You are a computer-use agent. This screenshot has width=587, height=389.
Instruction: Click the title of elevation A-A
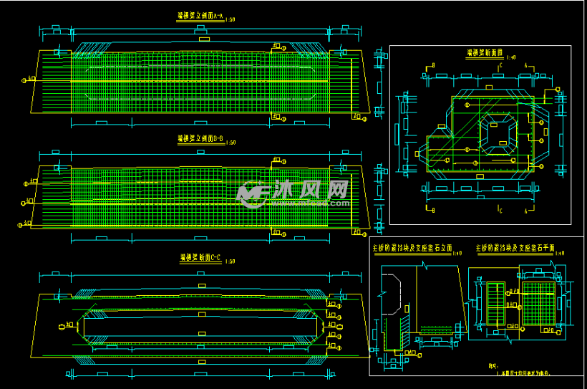click(200, 15)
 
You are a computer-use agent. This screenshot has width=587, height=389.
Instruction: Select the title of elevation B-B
click(200, 138)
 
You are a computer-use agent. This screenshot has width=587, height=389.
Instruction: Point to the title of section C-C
click(200, 258)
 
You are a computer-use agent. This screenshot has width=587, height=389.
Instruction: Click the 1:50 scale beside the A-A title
click(230, 19)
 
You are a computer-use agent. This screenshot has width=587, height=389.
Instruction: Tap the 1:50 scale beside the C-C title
click(230, 261)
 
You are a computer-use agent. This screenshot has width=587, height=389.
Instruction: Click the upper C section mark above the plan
click(499, 67)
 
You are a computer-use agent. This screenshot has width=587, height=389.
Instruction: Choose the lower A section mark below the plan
click(526, 210)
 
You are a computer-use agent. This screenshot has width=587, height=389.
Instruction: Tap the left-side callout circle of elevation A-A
click(26, 80)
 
